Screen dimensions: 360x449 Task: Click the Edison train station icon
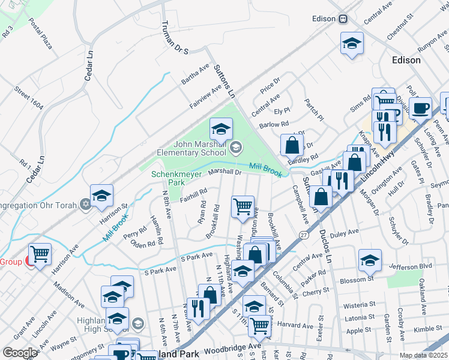(343, 19)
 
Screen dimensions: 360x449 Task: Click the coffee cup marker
(421, 108)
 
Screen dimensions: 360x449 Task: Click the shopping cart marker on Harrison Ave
(40, 254)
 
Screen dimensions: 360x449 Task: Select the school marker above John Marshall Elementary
(221, 128)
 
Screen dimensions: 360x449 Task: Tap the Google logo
(20, 352)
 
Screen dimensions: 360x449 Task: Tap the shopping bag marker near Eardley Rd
(292, 145)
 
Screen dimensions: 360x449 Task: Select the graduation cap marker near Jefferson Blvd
(370, 260)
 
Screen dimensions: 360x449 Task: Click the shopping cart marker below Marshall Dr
(243, 206)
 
